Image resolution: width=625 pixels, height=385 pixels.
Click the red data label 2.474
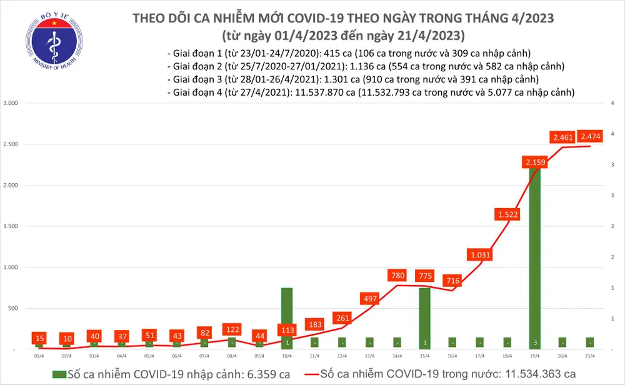coord(591,137)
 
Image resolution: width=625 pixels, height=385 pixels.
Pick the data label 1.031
coord(479,254)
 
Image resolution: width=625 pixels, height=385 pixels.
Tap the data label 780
coord(397,275)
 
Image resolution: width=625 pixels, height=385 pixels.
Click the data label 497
coord(369,298)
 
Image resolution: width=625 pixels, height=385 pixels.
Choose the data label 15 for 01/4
coord(39,337)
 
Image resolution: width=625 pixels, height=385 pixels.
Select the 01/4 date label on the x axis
coord(39,356)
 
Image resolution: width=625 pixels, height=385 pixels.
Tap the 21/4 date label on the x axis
coord(589,356)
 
